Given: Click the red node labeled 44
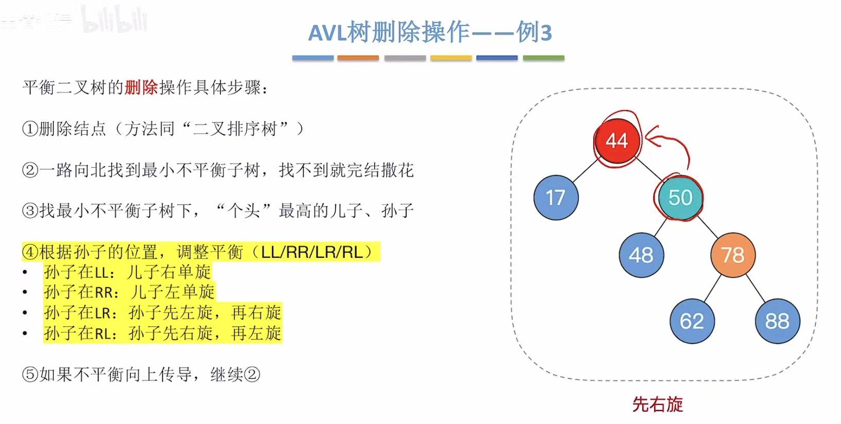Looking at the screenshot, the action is tap(617, 140).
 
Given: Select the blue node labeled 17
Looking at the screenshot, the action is tap(556, 198).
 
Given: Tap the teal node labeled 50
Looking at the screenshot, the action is tap(680, 198).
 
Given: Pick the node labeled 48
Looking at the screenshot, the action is tap(641, 255).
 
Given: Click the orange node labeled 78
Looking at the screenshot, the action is tap(732, 255).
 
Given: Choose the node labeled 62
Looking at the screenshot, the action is tap(691, 321).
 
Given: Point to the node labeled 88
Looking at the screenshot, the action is tap(777, 321).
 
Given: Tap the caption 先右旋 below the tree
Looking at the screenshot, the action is tap(657, 404).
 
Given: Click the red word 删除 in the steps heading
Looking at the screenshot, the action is tap(141, 87).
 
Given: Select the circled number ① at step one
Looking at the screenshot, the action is tap(30, 129).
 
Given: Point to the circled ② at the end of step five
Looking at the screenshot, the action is tap(252, 374).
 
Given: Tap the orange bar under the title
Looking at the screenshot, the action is tap(358, 58).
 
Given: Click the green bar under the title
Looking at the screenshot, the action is tap(544, 58).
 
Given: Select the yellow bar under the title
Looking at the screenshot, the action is tap(451, 58).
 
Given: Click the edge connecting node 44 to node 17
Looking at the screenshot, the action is tap(586, 170).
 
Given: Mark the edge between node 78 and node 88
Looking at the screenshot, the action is tap(756, 288).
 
